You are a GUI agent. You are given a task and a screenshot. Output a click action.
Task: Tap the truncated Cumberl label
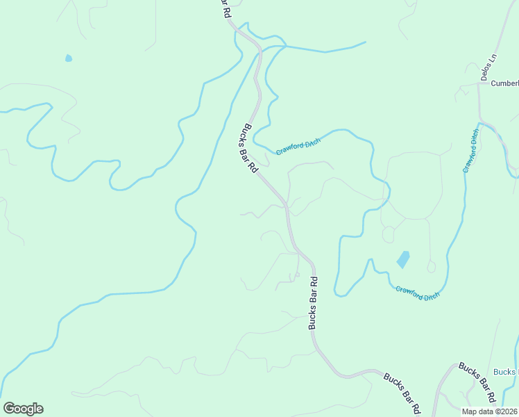504,83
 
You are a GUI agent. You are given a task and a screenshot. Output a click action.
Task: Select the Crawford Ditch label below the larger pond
418,293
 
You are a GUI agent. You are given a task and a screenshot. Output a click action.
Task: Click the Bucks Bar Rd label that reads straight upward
314,303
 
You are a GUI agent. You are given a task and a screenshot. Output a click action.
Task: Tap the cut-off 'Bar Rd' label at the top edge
224,9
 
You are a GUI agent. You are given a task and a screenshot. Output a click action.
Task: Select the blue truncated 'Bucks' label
506,372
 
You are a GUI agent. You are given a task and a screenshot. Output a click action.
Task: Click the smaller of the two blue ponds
68,58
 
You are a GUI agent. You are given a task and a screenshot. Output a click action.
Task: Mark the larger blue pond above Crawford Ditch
403,259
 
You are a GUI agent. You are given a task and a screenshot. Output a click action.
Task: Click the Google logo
22,409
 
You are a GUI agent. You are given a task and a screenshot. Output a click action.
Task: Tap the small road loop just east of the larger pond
431,267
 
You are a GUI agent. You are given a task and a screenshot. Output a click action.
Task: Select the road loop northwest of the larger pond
389,234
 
